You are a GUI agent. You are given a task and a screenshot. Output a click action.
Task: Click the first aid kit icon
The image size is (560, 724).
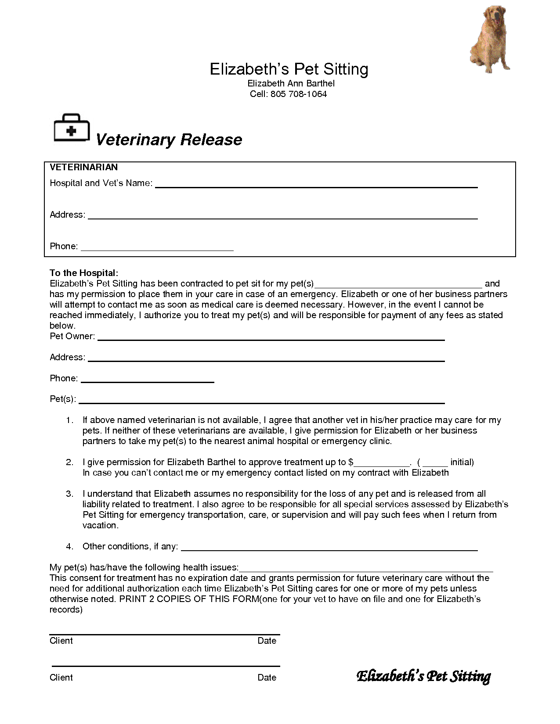click(72, 129)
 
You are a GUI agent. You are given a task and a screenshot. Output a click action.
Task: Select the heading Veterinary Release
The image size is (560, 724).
click(169, 140)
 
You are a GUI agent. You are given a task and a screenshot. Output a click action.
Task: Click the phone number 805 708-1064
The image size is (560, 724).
click(299, 94)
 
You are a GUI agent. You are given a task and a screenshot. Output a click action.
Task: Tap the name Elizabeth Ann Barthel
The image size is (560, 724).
click(291, 83)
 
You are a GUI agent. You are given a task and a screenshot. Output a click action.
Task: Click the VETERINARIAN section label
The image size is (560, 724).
click(83, 167)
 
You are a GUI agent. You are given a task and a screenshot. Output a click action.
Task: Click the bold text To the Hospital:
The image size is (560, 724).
click(84, 273)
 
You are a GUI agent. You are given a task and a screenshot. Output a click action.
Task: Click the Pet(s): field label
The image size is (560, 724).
click(63, 399)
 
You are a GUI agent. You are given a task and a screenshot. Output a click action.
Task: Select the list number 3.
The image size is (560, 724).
click(69, 494)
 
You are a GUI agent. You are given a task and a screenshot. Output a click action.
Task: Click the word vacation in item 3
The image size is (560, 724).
click(100, 525)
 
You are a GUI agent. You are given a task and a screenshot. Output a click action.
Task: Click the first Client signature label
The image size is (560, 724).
click(61, 641)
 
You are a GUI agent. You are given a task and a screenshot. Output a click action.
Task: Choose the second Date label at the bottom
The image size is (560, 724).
click(267, 677)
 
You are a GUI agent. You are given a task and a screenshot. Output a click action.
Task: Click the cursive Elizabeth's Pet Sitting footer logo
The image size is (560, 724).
click(423, 676)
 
